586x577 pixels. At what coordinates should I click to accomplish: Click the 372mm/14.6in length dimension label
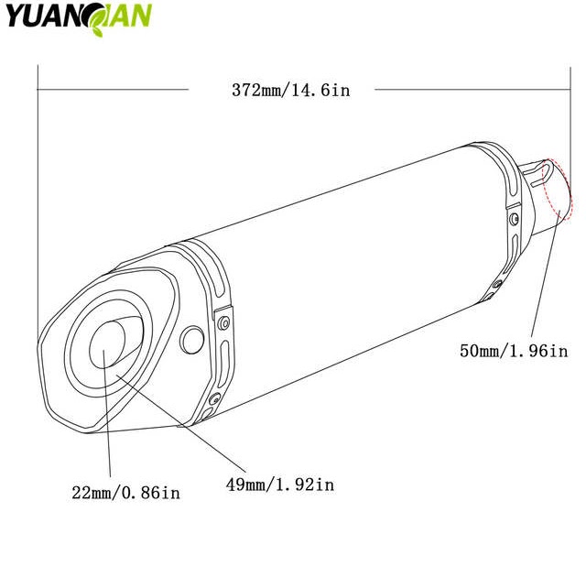[x=291, y=91]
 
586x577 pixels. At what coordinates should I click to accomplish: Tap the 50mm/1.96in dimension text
[x=514, y=351]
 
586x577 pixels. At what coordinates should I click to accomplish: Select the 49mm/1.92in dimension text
[x=280, y=484]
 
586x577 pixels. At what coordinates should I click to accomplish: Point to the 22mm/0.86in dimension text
[x=126, y=493]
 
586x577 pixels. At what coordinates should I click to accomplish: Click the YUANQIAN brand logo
[x=79, y=18]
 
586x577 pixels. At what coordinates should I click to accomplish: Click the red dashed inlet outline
[x=557, y=190]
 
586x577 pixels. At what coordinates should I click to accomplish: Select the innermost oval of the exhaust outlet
[x=107, y=344]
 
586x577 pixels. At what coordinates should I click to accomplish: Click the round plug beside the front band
[x=192, y=340]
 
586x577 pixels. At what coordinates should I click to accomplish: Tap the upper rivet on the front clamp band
[x=223, y=323]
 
